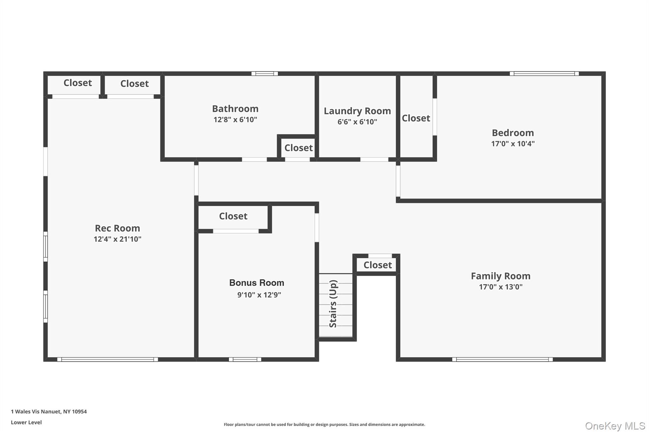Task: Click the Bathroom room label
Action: [x=235, y=109]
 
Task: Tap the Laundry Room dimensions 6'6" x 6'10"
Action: [x=357, y=122]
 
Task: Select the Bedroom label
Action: [x=512, y=133]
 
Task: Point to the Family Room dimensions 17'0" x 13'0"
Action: [x=500, y=287]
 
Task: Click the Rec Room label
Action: [x=117, y=228]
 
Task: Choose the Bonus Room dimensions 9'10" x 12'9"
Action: [x=259, y=295]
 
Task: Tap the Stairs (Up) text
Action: [x=333, y=304]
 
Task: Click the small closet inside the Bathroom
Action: [x=298, y=148]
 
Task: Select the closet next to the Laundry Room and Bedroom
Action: [x=416, y=118]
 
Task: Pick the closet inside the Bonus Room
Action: [x=233, y=216]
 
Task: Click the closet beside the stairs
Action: [x=377, y=265]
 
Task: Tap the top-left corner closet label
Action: [x=78, y=83]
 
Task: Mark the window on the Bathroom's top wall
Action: [x=265, y=74]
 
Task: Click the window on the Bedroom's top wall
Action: [x=544, y=74]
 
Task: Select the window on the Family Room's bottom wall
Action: [x=502, y=359]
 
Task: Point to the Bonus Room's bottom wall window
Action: [x=245, y=359]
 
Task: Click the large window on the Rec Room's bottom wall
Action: [x=107, y=359]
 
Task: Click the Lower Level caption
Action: [x=26, y=422]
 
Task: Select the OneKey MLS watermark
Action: [x=615, y=426]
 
